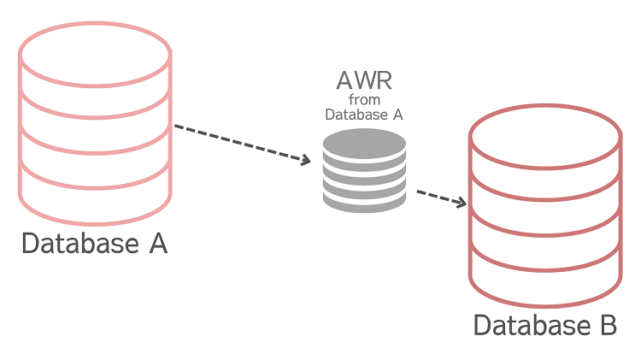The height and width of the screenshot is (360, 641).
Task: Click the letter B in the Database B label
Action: coord(606,326)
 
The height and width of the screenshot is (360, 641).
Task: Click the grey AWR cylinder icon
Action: coord(364,172)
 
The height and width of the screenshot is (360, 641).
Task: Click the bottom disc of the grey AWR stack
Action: coord(364,202)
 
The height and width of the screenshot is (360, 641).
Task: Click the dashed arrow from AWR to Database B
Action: coord(441,198)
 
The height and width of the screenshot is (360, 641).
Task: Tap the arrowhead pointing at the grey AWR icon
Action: coord(304,159)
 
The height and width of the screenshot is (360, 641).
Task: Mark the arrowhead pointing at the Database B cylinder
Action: coord(462,204)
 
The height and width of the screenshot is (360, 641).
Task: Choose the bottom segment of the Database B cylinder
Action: coord(545,279)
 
